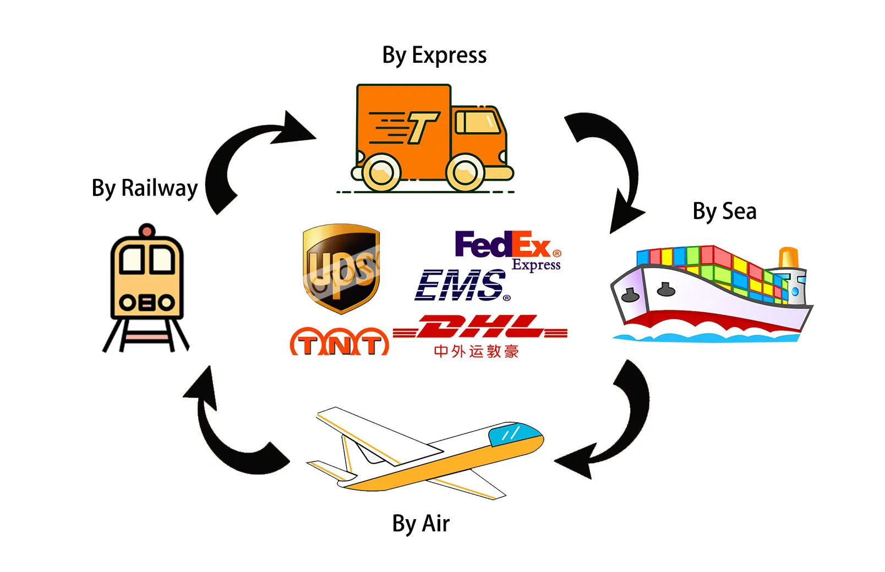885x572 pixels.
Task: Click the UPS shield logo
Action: pos(341,268)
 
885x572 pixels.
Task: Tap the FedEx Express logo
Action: pos(507,249)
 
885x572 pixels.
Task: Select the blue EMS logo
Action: pos(461,285)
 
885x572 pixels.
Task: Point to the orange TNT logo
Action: pos(339,342)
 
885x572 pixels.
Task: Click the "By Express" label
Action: pos(434,56)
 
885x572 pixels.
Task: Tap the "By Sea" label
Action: pos(724,211)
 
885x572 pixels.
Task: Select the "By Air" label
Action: pos(420,523)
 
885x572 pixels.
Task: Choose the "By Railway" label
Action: pos(144,188)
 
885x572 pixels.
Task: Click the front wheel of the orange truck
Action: pos(465,172)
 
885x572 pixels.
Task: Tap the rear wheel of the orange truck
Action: pos(381,172)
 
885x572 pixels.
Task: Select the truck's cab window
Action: pos(477,122)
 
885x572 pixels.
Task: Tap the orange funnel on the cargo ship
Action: pos(789,258)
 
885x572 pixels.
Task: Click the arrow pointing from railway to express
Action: pos(248,151)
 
